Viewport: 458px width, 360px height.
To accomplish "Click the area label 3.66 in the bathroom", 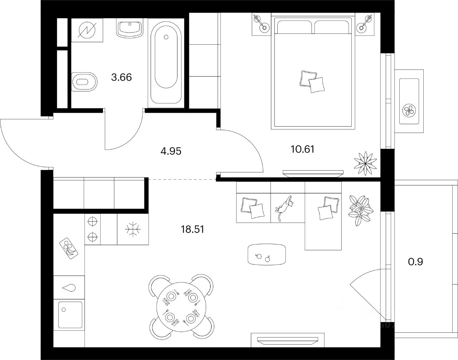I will [x=122, y=77].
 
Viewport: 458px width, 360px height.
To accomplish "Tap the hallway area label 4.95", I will [x=171, y=151].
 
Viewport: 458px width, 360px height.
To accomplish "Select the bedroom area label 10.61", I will [x=303, y=149].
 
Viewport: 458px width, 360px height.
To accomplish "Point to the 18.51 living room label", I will [x=193, y=229].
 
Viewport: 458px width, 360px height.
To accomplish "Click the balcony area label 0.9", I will [x=415, y=262].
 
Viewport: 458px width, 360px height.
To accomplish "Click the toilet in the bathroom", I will [x=84, y=82].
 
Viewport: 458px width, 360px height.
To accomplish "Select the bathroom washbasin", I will [x=130, y=28].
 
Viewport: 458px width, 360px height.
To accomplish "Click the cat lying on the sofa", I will [x=286, y=208].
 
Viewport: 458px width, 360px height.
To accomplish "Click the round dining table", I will [x=181, y=307].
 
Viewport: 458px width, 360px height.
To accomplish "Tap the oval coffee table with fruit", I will [x=267, y=254].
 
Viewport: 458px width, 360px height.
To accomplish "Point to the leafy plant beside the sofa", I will [x=361, y=210].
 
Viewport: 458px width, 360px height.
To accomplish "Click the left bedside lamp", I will [x=262, y=24].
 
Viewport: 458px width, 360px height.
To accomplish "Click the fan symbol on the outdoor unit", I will [x=408, y=110].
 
